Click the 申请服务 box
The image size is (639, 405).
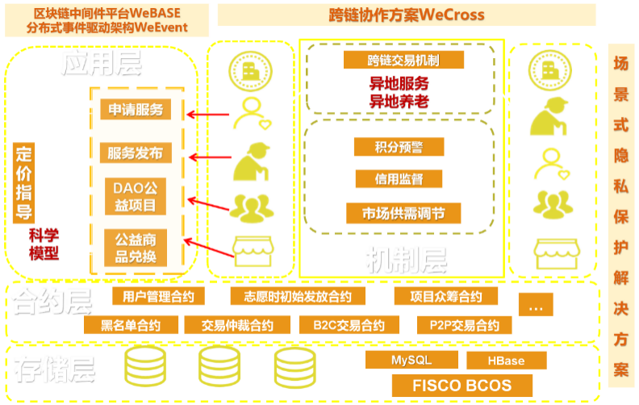(136, 110)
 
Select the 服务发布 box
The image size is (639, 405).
(136, 152)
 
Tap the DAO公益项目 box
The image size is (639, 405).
(136, 198)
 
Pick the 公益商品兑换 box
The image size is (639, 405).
(136, 248)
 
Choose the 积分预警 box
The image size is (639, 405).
(399, 146)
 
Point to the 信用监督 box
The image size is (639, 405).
(399, 179)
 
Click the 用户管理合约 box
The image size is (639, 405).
(153, 296)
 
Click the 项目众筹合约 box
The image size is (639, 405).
(449, 296)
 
